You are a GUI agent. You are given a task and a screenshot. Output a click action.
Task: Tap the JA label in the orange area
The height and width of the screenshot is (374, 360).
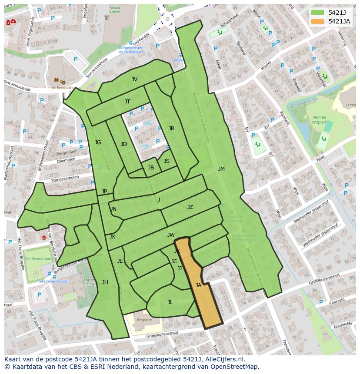point(198,285)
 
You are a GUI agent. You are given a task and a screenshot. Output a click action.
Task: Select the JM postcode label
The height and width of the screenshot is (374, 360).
point(221,169)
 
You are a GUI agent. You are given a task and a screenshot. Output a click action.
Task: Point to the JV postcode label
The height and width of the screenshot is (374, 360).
point(134,79)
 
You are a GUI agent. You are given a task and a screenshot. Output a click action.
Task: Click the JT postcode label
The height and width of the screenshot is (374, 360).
point(127,102)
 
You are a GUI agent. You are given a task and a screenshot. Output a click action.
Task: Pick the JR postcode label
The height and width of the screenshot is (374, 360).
point(171,129)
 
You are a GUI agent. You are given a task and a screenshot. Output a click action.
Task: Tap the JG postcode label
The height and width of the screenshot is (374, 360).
point(98,142)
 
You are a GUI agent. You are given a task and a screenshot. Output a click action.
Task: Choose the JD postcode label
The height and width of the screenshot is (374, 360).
point(124,144)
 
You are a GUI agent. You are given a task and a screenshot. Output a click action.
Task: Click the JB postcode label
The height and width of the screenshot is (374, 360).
point(151,168)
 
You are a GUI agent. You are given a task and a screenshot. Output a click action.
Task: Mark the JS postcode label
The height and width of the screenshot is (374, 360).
point(167,161)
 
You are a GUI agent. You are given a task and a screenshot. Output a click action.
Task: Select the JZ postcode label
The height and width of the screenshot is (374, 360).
point(190,207)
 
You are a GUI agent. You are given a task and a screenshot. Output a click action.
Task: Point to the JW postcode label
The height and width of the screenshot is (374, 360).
point(171,235)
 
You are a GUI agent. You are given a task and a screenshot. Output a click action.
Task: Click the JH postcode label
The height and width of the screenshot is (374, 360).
point(105,282)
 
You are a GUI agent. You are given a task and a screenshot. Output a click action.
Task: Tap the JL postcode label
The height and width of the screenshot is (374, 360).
point(170,302)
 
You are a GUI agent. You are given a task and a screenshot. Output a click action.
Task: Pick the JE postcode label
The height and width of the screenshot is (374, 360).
point(120,261)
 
